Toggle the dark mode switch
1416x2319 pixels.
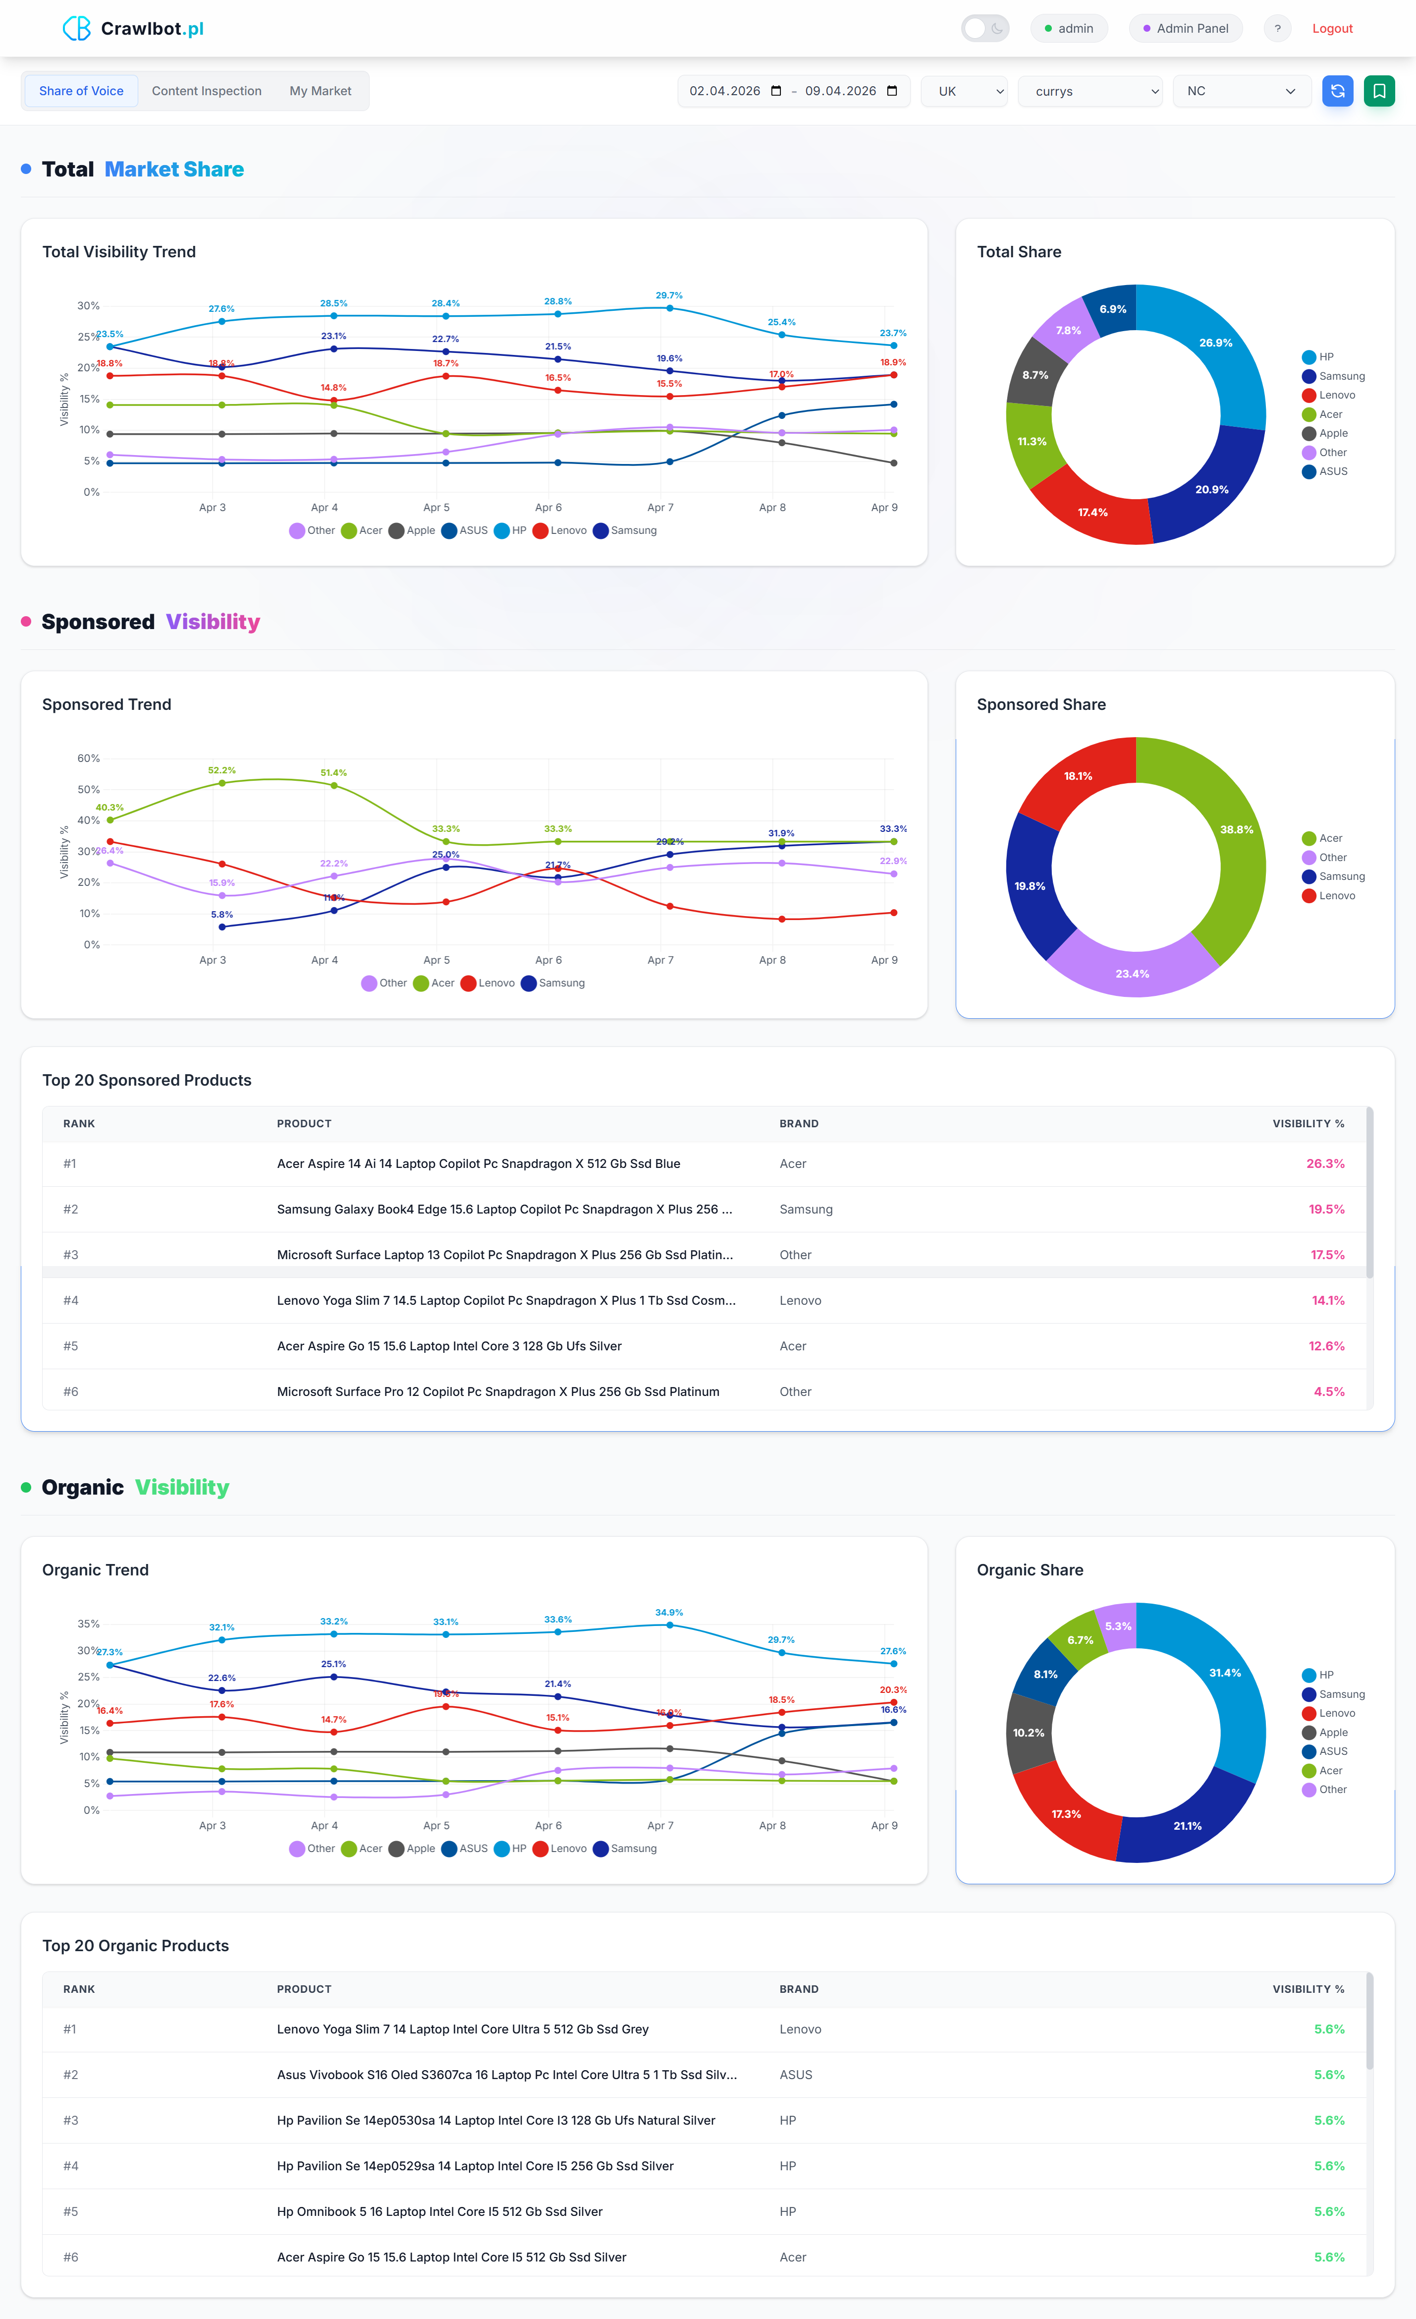click(x=984, y=28)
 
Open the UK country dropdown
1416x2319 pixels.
click(x=964, y=91)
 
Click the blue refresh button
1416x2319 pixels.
click(x=1337, y=91)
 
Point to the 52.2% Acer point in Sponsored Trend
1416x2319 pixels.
click(x=222, y=783)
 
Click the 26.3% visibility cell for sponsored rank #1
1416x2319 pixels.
click(x=1325, y=1164)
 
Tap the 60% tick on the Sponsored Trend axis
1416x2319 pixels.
click(x=89, y=758)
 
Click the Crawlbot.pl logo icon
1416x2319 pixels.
click(x=76, y=28)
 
